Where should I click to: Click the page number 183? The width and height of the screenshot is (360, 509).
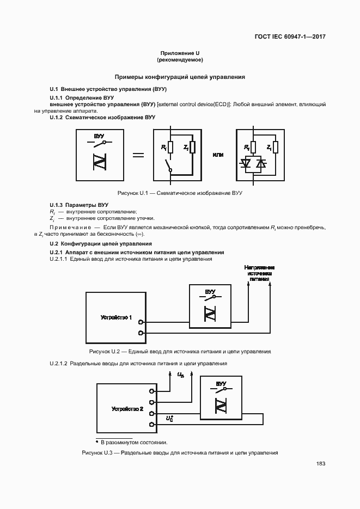pyautogui.click(x=320, y=463)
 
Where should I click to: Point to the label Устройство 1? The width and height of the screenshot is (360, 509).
pyautogui.click(x=117, y=317)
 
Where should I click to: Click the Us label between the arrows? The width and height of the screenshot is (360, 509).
pyautogui.click(x=181, y=375)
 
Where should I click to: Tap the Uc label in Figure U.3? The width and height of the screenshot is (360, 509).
pyautogui.click(x=170, y=419)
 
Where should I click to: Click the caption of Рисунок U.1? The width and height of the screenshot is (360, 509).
pyautogui.click(x=180, y=193)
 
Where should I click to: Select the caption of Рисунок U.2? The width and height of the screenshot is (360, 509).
pyautogui.click(x=180, y=352)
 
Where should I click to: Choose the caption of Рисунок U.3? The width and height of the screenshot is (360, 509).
pyautogui.click(x=180, y=452)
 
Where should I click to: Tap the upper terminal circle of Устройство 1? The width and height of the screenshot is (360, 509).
pyautogui.click(x=141, y=322)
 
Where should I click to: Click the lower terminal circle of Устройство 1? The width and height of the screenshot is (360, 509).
pyautogui.click(x=141, y=333)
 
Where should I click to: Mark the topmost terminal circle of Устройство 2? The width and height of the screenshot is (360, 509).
pyautogui.click(x=152, y=390)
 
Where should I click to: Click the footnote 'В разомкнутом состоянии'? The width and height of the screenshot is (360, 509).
pyautogui.click(x=132, y=442)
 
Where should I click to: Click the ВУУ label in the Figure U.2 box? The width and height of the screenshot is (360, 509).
pyautogui.click(x=210, y=292)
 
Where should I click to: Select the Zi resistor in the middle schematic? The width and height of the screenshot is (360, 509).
pyautogui.click(x=192, y=147)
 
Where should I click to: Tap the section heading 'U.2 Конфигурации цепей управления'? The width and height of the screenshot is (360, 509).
pyautogui.click(x=101, y=243)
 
